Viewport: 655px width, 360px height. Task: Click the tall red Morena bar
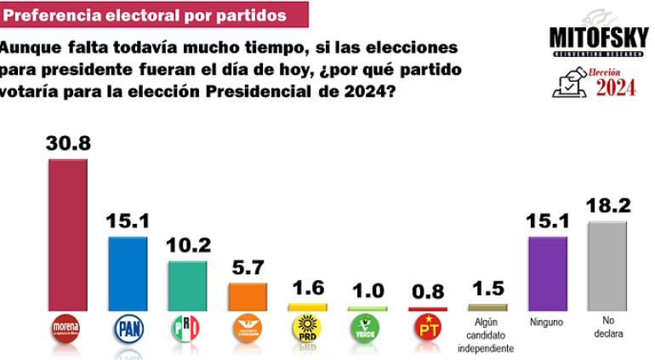[67, 234]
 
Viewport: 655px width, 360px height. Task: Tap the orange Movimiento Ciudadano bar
[247, 296]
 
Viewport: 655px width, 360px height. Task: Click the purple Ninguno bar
[548, 273]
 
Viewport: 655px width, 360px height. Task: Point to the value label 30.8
[67, 143]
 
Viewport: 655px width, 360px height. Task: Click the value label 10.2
[187, 245]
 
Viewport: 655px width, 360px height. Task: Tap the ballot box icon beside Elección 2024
[569, 83]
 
